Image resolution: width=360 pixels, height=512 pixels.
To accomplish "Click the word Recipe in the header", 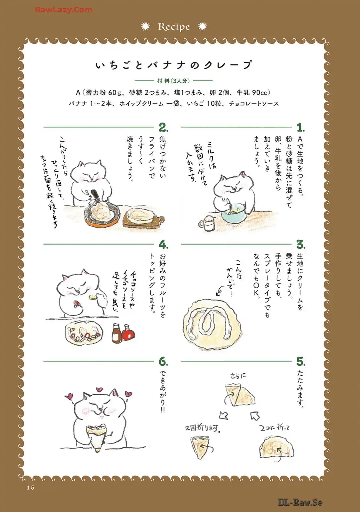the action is pos(174,27).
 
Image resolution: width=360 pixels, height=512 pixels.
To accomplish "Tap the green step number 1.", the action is pos(300,127).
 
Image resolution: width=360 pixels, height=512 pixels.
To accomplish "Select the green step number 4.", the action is pos(163,244).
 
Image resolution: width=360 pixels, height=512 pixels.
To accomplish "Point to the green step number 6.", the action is pos(163,362).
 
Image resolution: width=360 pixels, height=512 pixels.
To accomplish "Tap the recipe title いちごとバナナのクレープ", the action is pos(174,65).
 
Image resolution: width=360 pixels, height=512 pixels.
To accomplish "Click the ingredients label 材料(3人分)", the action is pos(173,81).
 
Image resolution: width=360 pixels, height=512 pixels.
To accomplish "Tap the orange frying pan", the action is pos(102,215).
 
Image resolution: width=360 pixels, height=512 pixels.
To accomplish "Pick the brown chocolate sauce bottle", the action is pos(117,333).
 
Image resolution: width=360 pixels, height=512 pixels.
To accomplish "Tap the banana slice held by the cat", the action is pos(93,297).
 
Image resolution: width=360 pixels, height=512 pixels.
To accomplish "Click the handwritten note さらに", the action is pos(238,376).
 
